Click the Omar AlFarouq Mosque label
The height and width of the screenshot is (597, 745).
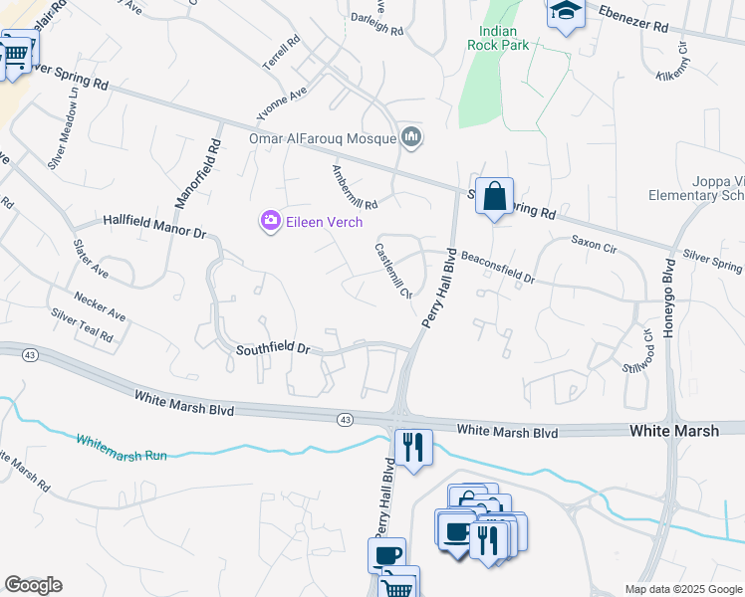323,139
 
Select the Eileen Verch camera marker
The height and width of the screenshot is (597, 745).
270,222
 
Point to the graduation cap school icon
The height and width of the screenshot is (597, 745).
566,13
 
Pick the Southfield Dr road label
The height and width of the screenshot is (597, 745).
274,350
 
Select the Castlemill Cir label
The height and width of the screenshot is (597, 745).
393,271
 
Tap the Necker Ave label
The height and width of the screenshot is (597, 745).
100,305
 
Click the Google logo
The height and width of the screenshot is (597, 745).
33,585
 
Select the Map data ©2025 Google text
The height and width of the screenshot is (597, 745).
682,589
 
